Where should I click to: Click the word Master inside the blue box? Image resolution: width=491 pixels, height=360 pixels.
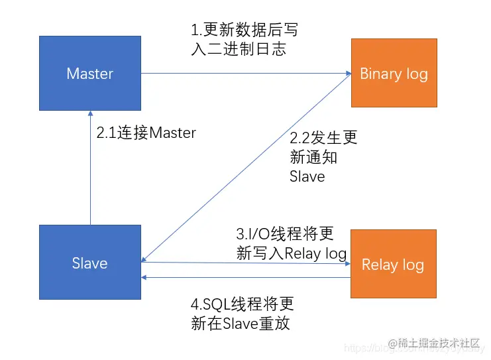click(x=90, y=74)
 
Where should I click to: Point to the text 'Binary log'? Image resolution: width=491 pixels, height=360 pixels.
click(x=394, y=74)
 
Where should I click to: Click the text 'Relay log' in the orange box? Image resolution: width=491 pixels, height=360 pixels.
click(x=393, y=265)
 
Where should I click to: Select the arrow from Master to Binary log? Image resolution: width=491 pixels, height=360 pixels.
click(x=245, y=73)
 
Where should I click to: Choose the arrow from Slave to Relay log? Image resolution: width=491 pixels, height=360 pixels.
click(x=245, y=263)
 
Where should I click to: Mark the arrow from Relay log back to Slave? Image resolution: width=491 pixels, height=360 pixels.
click(x=245, y=278)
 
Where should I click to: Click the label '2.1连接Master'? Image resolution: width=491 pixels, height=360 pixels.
click(x=146, y=133)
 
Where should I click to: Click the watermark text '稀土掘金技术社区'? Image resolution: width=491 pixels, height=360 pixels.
click(x=439, y=343)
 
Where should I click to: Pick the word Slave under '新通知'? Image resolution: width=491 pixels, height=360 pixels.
click(x=307, y=177)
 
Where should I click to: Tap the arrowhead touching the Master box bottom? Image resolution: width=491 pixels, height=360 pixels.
click(x=90, y=115)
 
